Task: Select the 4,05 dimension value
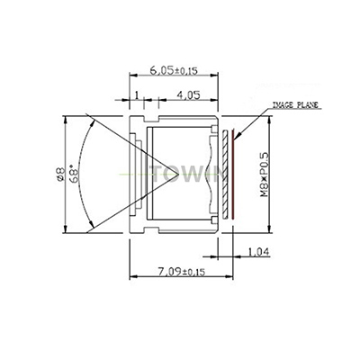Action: click(x=189, y=94)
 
